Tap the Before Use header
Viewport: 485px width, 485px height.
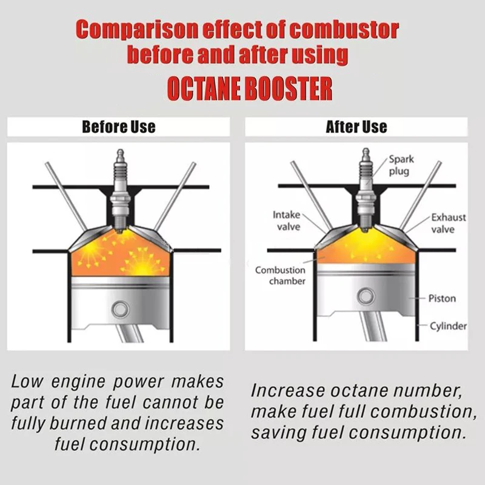(119, 127)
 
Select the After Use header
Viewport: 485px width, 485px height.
(356, 127)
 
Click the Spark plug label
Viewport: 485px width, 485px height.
(401, 165)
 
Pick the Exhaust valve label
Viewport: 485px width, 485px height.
(448, 223)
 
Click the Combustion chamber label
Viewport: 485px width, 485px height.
(280, 276)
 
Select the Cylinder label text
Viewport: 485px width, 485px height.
(448, 326)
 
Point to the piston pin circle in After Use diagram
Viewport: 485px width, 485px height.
(366, 297)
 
